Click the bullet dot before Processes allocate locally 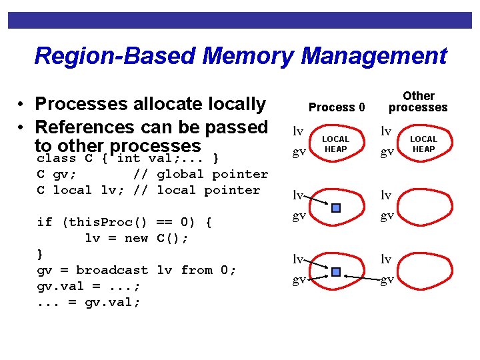[x=23, y=105]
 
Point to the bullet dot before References [x=23, y=127]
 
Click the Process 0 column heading [x=337, y=107]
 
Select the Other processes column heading [x=418, y=101]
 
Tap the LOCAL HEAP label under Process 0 [x=336, y=144]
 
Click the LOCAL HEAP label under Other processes [x=423, y=144]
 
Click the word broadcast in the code [x=112, y=270]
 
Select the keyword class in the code [x=57, y=159]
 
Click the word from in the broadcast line [x=196, y=270]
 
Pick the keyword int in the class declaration [x=128, y=159]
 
